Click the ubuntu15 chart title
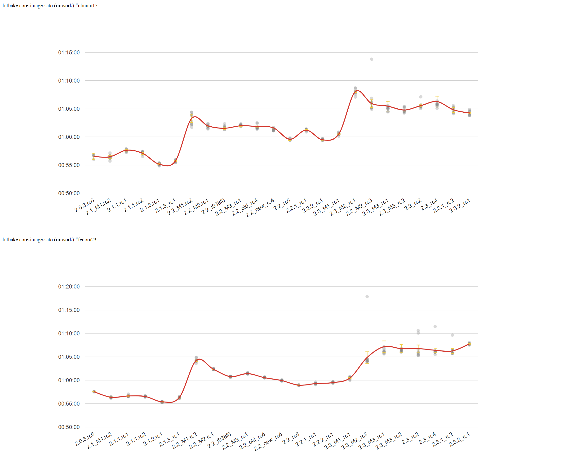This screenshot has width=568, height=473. pos(50,6)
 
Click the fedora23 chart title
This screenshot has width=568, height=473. pos(49,240)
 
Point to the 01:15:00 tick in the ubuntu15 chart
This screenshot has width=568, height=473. pos(69,53)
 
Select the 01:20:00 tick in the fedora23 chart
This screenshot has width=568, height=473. pos(69,286)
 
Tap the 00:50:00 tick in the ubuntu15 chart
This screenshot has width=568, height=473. pos(69,193)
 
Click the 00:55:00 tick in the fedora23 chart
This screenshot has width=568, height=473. pos(69,403)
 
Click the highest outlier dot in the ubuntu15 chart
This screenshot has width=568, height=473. pos(372,59)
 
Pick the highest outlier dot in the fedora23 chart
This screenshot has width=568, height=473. pos(367,297)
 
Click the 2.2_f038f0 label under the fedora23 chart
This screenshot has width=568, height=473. pos(219,440)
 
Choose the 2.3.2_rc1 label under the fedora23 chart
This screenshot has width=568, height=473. pos(460,440)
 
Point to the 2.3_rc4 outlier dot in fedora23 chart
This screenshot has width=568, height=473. pos(435,327)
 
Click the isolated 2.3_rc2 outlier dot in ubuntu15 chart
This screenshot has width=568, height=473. pos(421,97)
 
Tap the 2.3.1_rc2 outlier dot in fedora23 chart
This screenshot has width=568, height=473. pos(452,335)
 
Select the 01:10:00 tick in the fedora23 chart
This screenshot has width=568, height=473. pos(69,333)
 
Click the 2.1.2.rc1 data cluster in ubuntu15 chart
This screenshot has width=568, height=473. pos(159,164)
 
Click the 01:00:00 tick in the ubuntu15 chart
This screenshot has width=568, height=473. pos(69,137)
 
